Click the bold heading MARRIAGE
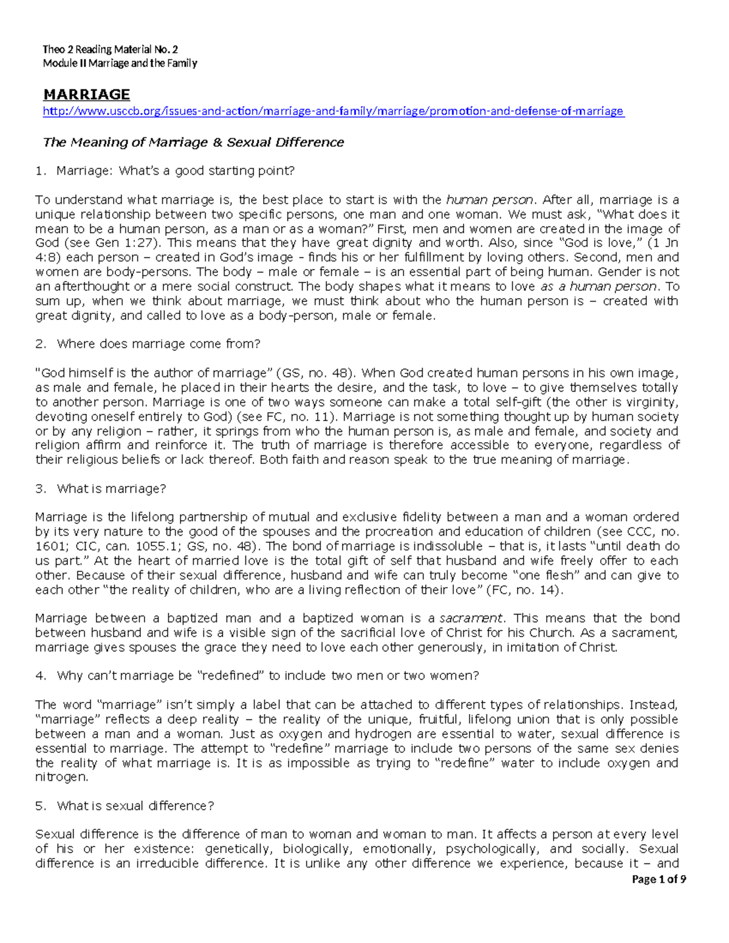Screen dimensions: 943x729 [86, 94]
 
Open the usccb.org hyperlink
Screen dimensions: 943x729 [334, 111]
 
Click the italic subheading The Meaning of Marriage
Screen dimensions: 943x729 [193, 142]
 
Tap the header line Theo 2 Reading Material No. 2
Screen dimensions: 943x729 [110, 49]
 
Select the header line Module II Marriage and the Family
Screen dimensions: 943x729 [120, 63]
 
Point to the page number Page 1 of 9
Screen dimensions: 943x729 [659, 879]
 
